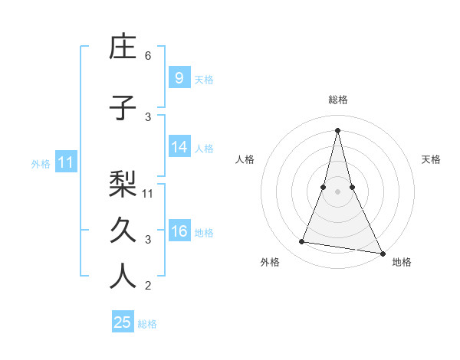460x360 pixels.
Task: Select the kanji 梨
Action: coord(123,183)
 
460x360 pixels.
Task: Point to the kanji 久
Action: coord(123,231)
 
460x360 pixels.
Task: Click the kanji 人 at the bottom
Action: coord(123,277)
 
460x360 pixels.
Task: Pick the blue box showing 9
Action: coord(179,77)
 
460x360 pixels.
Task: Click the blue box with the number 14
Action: coord(179,147)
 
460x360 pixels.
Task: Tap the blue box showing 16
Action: coord(179,231)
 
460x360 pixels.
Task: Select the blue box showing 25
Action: coord(122,322)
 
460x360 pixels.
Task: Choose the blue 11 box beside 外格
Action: coord(65,162)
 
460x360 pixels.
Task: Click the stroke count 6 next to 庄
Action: coord(148,56)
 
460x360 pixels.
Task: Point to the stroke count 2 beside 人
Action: coord(148,286)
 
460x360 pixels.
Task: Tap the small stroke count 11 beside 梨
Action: coord(149,193)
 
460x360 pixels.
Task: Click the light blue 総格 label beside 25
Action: coord(148,324)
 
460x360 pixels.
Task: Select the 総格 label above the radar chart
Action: coord(337,100)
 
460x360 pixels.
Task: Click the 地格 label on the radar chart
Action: coord(402,262)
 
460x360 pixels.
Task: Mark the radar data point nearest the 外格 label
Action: coord(302,242)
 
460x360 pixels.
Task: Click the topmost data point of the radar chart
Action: coord(337,130)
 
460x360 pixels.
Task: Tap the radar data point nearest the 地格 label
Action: coord(382,252)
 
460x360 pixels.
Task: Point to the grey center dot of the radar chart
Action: coord(337,191)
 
